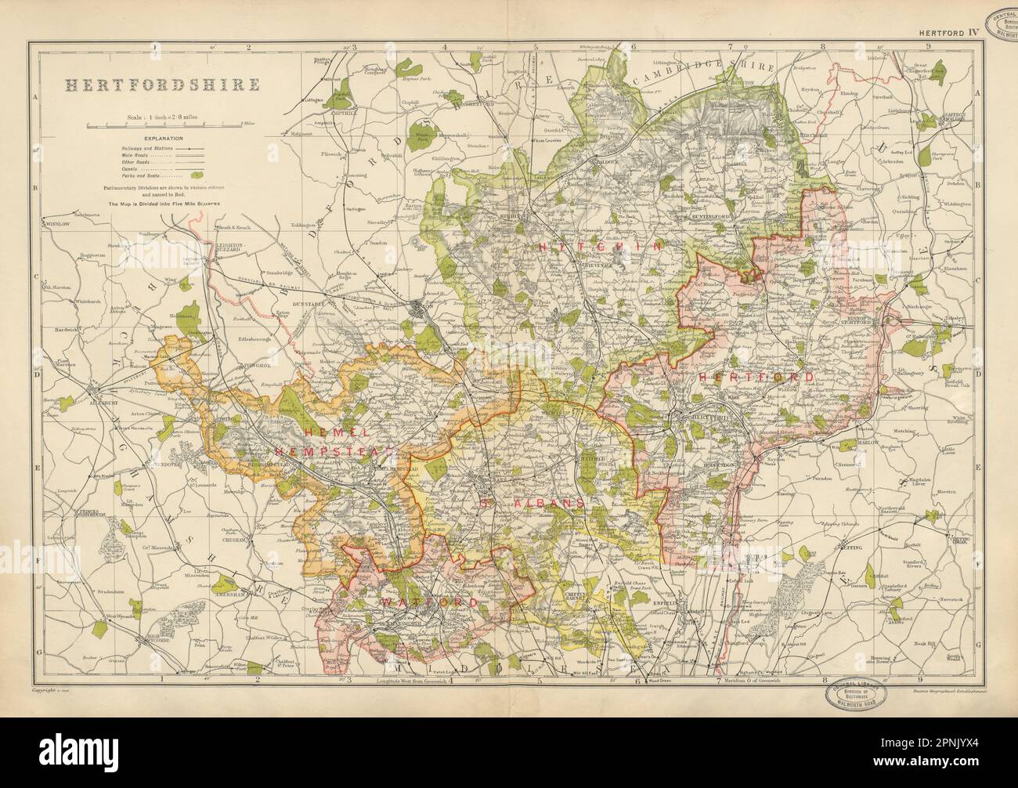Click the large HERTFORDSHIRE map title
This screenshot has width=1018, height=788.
point(139,84)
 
